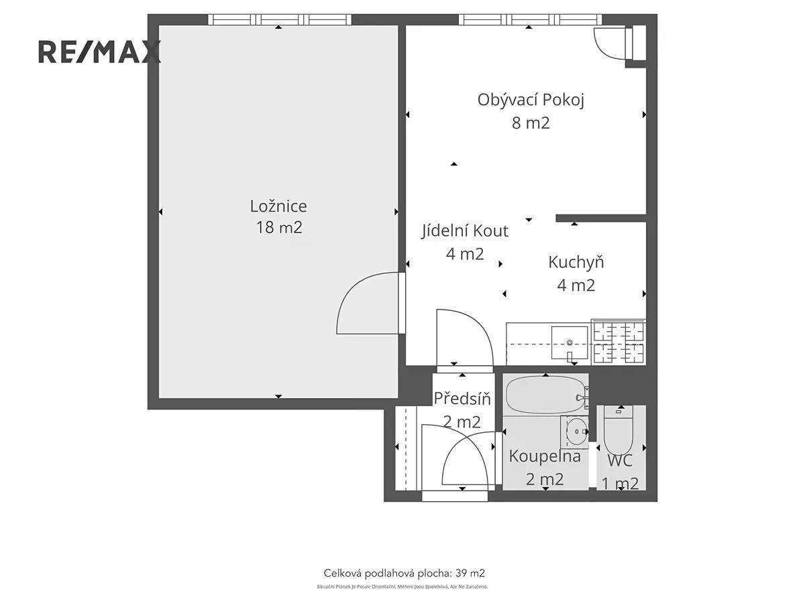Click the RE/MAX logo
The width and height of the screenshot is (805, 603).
[x=100, y=52]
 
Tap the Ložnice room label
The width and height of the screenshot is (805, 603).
[x=278, y=206]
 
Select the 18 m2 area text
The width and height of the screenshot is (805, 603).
[x=279, y=227]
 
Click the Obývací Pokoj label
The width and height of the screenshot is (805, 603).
[x=531, y=100]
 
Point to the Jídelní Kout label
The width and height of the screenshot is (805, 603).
[x=465, y=231]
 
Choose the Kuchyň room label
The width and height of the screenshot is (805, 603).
[x=576, y=262]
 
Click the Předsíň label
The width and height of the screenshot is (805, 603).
[x=462, y=399]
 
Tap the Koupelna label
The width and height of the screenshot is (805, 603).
[x=545, y=456]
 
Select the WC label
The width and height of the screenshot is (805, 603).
[x=620, y=460]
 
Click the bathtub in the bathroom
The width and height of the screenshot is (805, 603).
[x=545, y=395]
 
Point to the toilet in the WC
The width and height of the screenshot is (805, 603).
[x=619, y=431]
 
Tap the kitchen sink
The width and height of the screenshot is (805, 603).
[x=570, y=343]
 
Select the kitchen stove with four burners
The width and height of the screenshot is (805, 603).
[x=619, y=342]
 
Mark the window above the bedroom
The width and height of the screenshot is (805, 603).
[x=280, y=19]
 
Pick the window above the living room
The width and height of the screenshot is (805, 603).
[x=531, y=19]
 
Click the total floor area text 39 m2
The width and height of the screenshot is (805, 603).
[x=404, y=573]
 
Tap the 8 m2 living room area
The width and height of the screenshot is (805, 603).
[x=531, y=123]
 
